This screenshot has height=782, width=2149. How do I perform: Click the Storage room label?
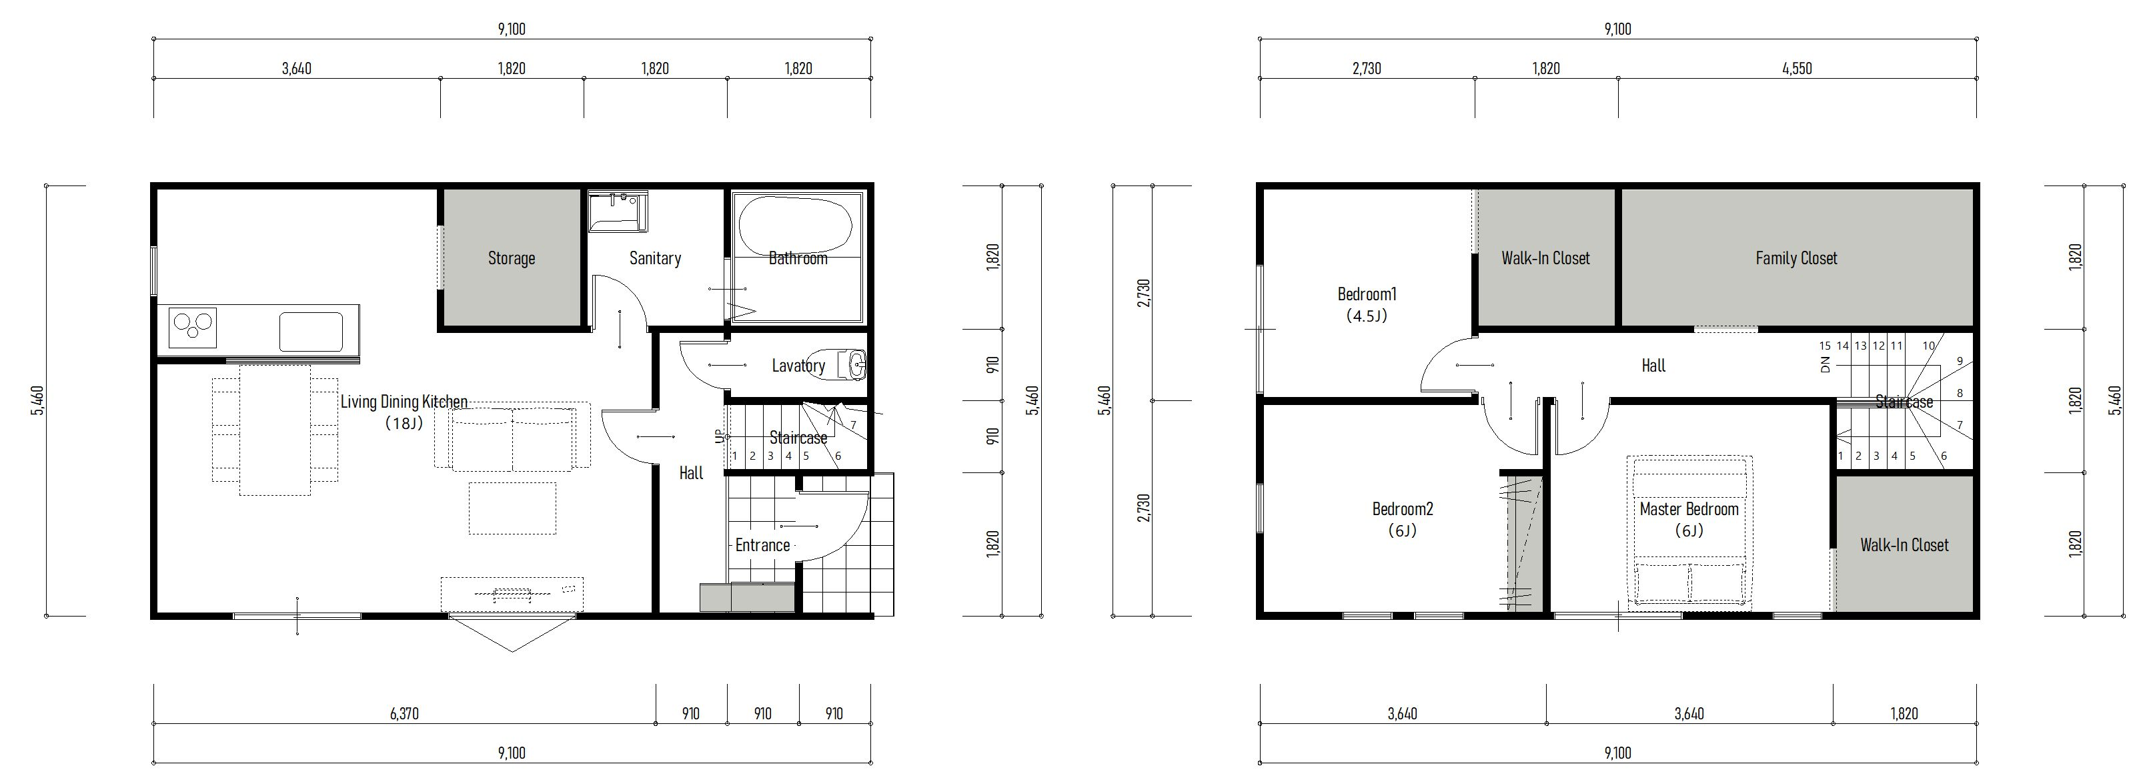click(x=512, y=259)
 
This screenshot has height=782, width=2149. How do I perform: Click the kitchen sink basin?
click(x=310, y=332)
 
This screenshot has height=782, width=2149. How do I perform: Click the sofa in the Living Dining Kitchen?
click(x=512, y=437)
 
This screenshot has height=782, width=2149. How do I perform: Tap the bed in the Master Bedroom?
click(x=1689, y=531)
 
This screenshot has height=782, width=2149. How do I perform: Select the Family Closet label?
click(x=1796, y=259)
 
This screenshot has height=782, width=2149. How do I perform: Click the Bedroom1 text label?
click(x=1367, y=294)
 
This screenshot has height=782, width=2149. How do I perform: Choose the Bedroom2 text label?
click(x=1403, y=509)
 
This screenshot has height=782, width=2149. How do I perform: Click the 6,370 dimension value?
click(x=405, y=713)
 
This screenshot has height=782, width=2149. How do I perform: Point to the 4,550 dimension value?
click(x=1797, y=69)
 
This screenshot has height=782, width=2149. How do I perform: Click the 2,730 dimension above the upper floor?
click(x=1367, y=69)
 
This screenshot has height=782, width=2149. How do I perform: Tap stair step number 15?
click(x=1826, y=346)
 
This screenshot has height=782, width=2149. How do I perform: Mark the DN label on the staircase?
click(x=1826, y=365)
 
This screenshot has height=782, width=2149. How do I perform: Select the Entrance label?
click(x=762, y=546)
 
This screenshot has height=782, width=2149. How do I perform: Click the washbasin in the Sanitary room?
click(x=618, y=212)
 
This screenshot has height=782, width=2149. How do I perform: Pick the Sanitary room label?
click(x=655, y=259)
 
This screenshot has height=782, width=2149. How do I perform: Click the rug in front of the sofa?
click(x=512, y=507)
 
